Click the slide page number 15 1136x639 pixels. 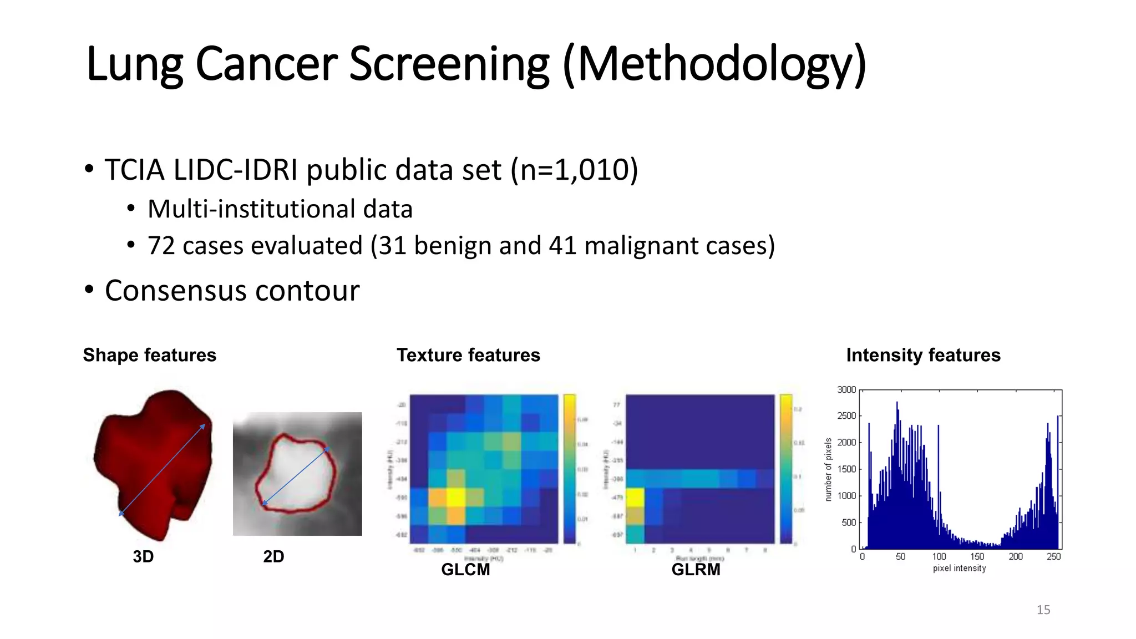point(1043,610)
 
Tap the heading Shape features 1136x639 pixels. point(149,355)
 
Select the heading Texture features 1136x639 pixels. point(468,355)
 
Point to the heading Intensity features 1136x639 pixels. point(923,355)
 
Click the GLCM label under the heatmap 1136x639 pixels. point(465,570)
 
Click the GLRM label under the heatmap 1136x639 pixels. point(696,570)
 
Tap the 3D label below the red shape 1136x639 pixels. point(143,556)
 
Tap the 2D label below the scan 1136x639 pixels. point(273,556)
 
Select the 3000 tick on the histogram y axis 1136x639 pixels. point(846,390)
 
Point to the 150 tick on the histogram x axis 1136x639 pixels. point(977,556)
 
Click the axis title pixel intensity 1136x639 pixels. point(959,569)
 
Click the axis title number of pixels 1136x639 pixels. point(829,469)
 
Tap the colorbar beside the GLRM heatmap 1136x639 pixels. point(785,469)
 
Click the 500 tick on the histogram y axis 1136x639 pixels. point(849,523)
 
